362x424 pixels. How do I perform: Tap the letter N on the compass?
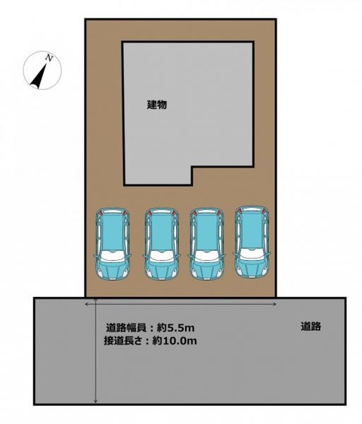[49, 57]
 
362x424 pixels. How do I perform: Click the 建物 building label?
[156, 105]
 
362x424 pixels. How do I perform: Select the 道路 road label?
[311, 327]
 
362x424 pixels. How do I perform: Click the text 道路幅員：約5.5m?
[150, 328]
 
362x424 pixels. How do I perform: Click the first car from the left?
[113, 243]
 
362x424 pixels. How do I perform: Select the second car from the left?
[161, 243]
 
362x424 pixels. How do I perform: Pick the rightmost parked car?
[251, 242]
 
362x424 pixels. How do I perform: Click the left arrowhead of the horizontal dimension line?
[88, 304]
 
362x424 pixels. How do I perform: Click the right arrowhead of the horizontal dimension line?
[275, 304]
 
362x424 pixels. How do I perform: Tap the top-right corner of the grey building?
[255, 43]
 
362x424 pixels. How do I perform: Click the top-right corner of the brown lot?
[280, 20]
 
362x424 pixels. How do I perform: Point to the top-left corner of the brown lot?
[85, 20]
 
